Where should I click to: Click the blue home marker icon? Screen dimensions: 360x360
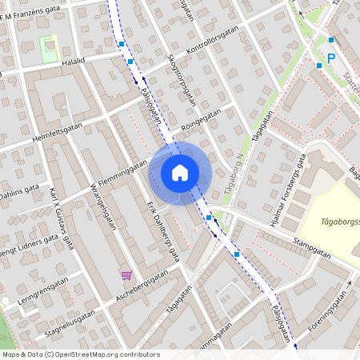tap(180, 173)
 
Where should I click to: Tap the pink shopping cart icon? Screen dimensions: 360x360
tap(126, 275)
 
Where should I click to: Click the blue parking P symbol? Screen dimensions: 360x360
tap(331, 58)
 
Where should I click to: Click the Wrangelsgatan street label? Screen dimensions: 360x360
tap(104, 205)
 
